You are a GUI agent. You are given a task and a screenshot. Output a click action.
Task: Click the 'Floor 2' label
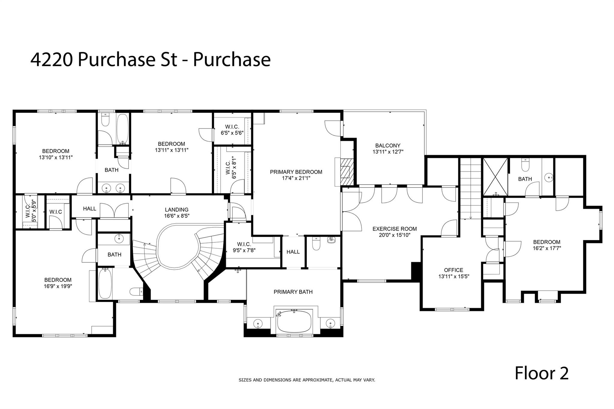pos(541,373)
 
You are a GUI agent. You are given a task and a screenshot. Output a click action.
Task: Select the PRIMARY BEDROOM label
pos(296,172)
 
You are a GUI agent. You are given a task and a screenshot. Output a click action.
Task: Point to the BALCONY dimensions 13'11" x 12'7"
pos(388,152)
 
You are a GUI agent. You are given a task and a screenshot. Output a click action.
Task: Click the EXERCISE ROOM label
pos(395,229)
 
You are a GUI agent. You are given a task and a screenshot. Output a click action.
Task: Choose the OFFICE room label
pos(454,270)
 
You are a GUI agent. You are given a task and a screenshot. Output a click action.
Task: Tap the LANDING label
pos(177,210)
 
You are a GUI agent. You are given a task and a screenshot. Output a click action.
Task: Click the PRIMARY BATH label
pos(293,292)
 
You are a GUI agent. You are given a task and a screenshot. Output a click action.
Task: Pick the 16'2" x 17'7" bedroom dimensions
pos(547,248)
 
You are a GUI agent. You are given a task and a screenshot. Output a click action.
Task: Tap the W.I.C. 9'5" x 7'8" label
pos(244,247)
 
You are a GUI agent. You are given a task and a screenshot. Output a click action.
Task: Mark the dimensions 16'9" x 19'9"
pos(58,286)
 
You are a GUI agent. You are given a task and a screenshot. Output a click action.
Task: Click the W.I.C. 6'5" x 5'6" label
pos(232,130)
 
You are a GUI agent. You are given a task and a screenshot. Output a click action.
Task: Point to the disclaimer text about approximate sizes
pos(307,380)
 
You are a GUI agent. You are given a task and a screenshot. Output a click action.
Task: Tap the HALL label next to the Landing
pos(90,209)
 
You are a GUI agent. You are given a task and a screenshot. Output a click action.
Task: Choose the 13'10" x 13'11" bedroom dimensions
pos(55,157)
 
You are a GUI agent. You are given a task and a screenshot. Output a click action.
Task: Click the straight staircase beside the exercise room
pos(470,189)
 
